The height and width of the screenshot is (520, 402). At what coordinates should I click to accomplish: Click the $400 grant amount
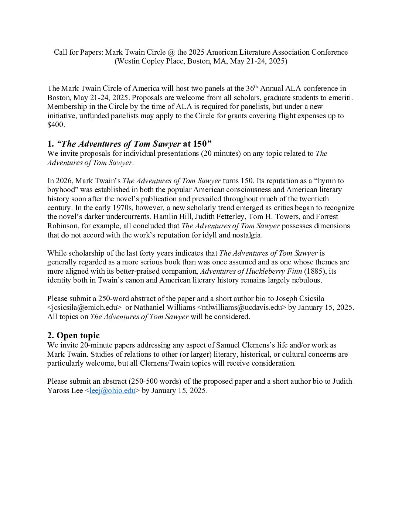pyautogui.click(x=56, y=125)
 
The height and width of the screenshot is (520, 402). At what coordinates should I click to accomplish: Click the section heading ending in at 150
pyautogui.click(x=129, y=144)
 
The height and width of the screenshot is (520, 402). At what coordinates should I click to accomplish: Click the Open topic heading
pyautogui.click(x=74, y=335)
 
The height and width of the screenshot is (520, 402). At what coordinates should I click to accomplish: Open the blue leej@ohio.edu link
pyautogui.click(x=112, y=391)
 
